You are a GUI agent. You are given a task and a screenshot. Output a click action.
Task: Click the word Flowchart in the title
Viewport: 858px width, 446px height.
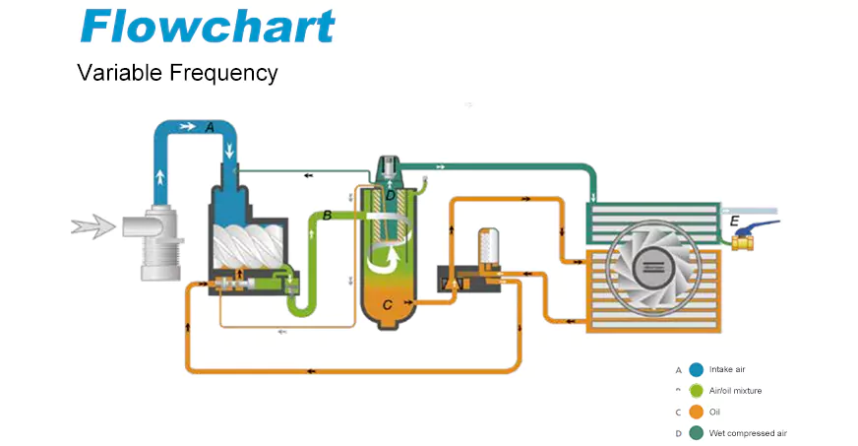pos(207,27)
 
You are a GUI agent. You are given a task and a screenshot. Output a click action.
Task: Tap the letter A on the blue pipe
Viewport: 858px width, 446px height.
pos(209,127)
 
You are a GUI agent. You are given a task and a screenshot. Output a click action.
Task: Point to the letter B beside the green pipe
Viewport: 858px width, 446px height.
pos(327,215)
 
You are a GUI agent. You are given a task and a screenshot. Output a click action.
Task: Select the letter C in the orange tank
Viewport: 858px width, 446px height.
pos(388,305)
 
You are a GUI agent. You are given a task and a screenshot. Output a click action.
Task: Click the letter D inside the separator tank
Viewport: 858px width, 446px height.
pos(391,196)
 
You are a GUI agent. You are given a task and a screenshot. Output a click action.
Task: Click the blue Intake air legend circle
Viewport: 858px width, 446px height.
pos(697,370)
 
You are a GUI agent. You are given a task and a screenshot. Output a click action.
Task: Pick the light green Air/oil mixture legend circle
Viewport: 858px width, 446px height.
pos(697,391)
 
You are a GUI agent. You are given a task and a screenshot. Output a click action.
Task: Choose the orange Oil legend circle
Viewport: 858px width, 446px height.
pos(697,412)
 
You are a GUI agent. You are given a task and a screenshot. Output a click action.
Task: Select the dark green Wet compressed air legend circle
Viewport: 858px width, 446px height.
pos(697,433)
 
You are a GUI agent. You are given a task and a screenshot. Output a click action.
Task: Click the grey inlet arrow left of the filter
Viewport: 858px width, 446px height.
pos(92,228)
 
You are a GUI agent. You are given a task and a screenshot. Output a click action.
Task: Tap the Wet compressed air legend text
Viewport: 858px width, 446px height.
pos(748,433)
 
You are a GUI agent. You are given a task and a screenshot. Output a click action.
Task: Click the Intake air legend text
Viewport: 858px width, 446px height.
pos(728,370)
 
